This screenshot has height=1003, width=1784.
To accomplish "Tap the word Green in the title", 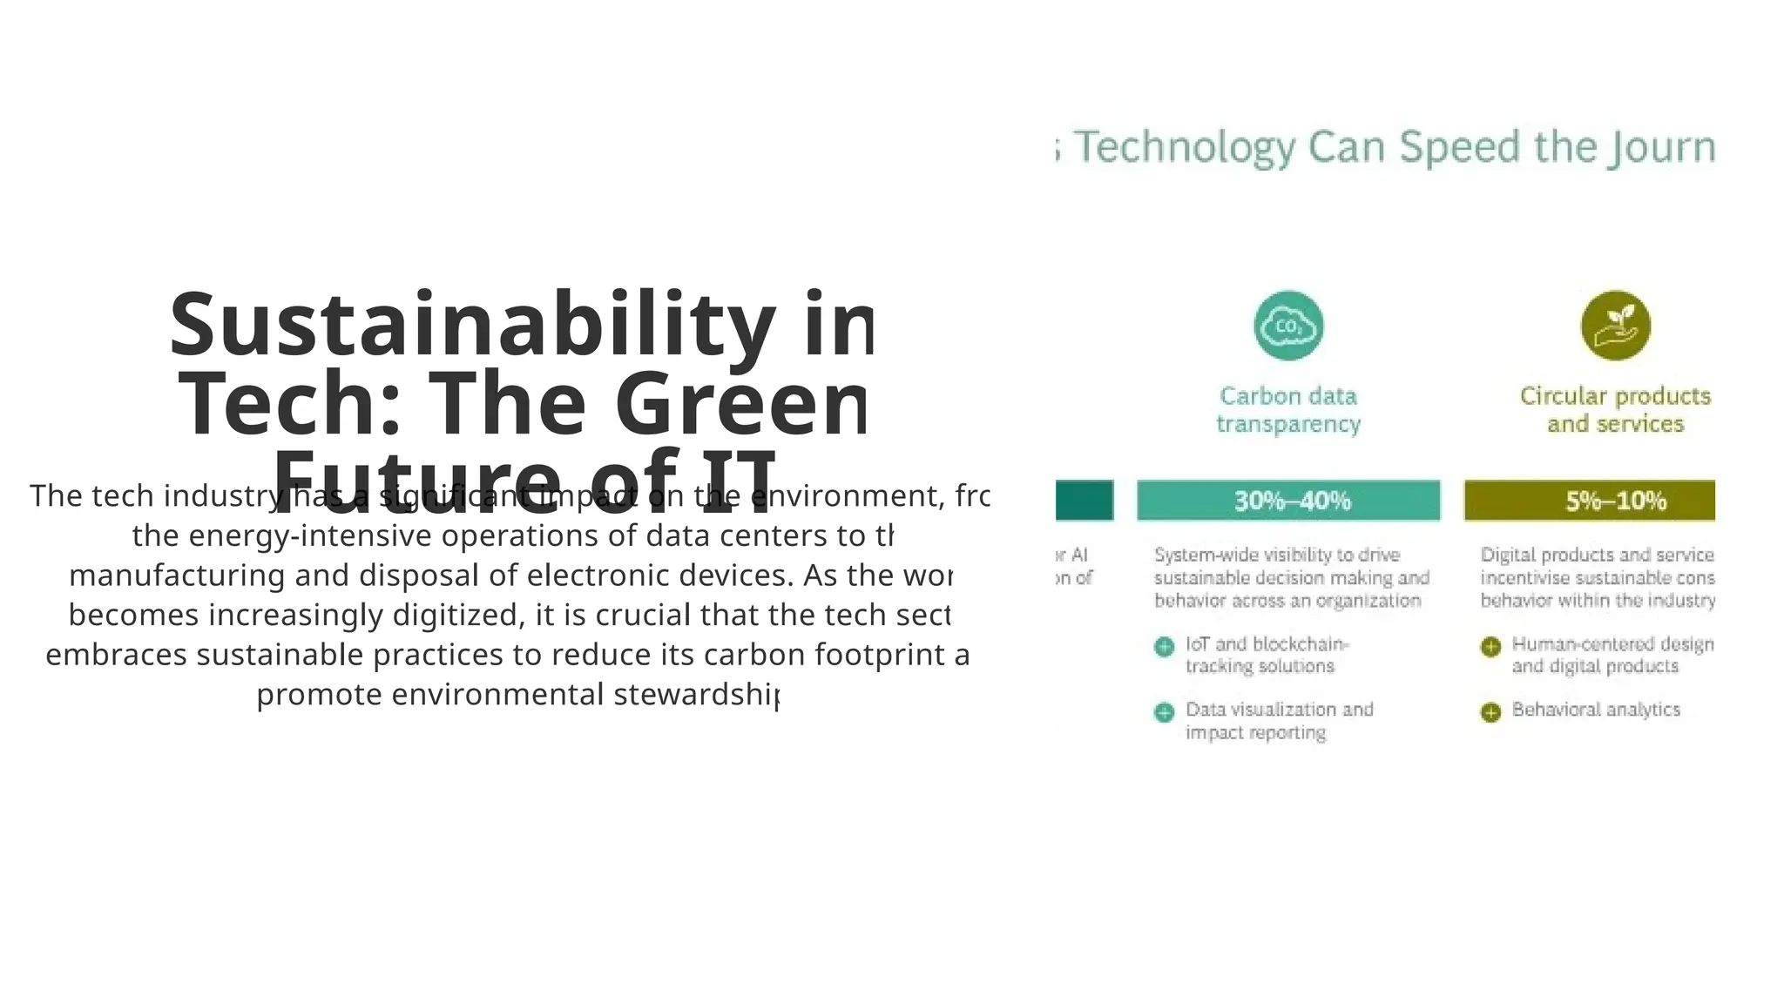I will point(740,405).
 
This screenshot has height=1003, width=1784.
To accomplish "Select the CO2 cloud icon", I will point(1288,326).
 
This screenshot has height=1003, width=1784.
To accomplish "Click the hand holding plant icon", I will point(1615,326).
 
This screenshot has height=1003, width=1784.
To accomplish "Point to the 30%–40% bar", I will point(1288,501).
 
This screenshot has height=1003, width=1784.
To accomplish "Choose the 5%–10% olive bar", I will point(1590,501).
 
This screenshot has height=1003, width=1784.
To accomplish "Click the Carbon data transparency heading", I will point(1288,410).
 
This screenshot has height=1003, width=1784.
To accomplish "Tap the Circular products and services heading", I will point(1615,410).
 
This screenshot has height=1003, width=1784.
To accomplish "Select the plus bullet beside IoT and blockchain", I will point(1164,647).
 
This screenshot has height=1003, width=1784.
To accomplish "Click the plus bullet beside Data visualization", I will point(1164,712).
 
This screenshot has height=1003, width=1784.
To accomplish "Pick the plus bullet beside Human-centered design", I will point(1490,647).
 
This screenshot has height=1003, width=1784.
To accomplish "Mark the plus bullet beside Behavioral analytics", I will point(1490,712).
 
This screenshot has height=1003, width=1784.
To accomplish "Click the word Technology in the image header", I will point(1185,148).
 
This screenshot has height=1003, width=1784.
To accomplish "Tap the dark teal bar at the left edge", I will point(1085,501).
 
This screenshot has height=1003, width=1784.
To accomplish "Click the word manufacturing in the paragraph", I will point(177,576).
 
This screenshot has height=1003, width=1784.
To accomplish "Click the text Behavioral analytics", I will point(1596,710).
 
